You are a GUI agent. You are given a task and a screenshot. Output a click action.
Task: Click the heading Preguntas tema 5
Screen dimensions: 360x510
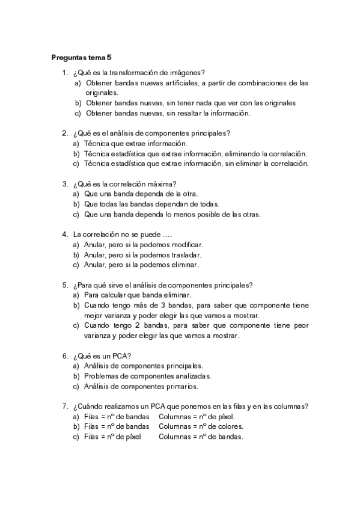(82, 58)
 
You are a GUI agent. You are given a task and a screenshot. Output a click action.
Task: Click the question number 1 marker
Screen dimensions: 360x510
(64, 73)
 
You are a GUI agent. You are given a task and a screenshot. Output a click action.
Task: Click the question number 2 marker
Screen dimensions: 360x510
(64, 134)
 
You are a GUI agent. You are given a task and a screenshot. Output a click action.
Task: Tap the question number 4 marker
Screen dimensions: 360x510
(64, 235)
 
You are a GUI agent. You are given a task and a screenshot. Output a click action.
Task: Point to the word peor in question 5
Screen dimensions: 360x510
(299, 325)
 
